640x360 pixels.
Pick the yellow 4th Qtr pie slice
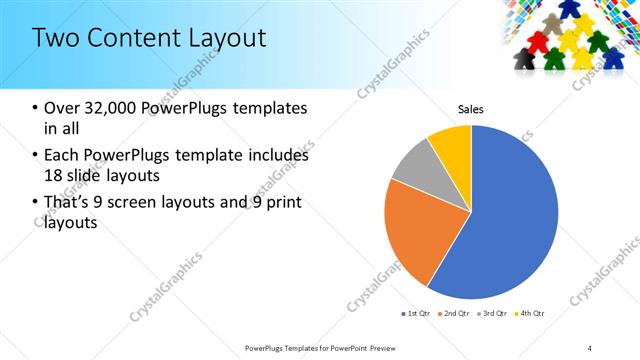pos(452,145)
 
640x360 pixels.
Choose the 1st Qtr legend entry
pos(417,314)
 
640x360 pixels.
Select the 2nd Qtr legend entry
pos(457,314)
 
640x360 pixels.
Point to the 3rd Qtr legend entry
pos(493,314)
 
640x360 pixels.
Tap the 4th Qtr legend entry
pos(530,314)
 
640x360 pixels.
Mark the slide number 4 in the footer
pos(590,347)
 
